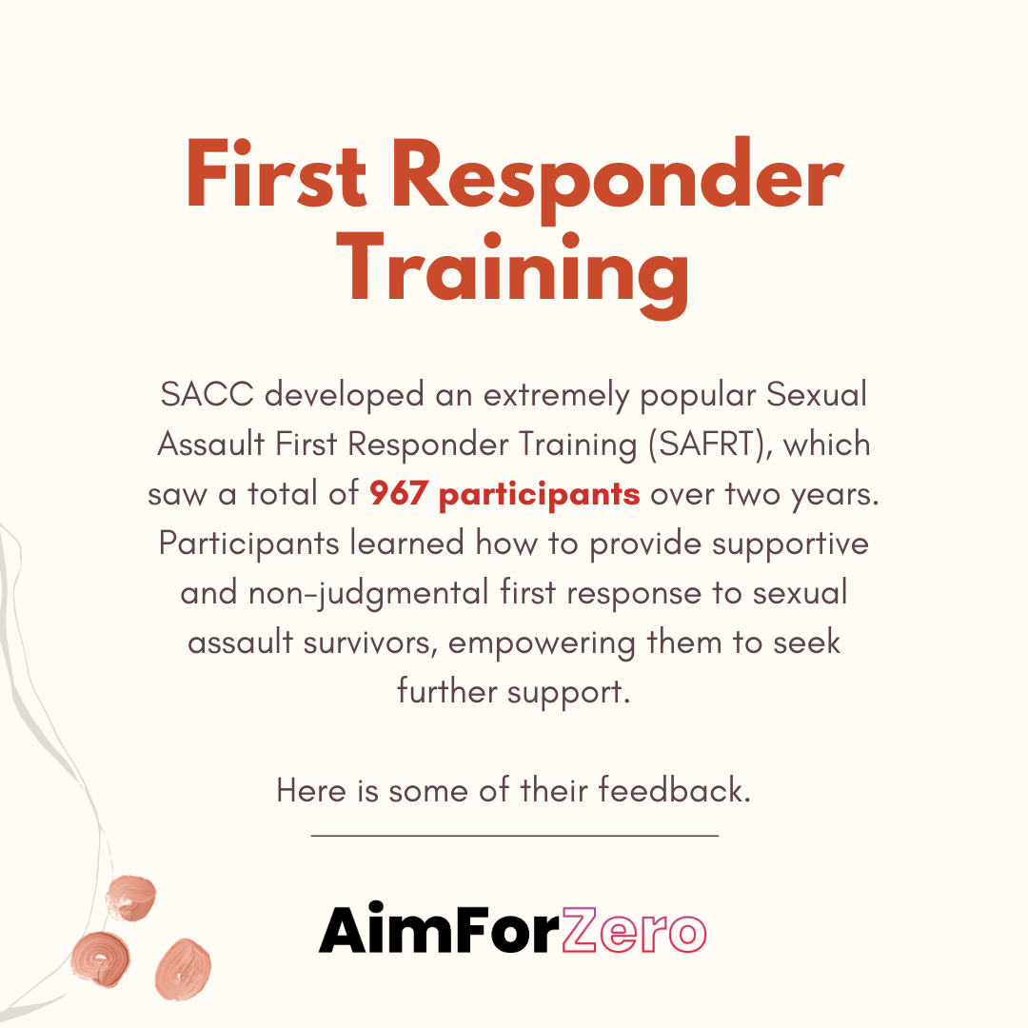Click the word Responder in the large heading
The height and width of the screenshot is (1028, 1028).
(x=617, y=179)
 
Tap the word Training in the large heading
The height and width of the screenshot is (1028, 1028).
(x=513, y=273)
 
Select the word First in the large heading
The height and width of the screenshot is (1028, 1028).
(x=275, y=174)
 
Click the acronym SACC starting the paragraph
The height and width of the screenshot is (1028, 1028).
(x=208, y=395)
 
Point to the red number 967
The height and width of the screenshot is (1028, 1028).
(x=399, y=492)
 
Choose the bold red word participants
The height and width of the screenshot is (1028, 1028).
(x=539, y=496)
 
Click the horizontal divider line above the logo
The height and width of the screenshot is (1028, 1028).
(x=515, y=836)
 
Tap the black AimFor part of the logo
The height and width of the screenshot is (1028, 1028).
(x=439, y=930)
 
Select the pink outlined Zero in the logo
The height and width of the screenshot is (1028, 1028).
(x=634, y=931)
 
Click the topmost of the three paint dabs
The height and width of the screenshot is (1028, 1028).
(x=131, y=898)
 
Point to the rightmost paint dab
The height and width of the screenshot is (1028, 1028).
(x=183, y=970)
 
